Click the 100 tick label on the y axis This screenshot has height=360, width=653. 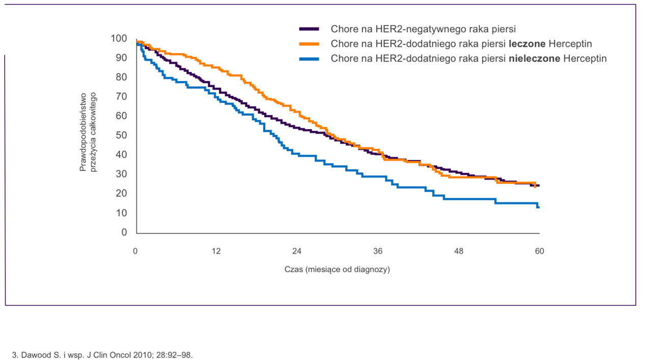click(x=119, y=39)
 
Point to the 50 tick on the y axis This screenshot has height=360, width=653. click(x=121, y=136)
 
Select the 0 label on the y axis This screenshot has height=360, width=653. click(x=124, y=233)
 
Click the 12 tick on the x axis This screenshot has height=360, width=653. click(x=216, y=251)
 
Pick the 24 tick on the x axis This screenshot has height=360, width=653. click(x=297, y=251)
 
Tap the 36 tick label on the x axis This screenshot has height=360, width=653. click(x=378, y=251)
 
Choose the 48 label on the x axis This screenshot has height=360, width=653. click(x=459, y=251)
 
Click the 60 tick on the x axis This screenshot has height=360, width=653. click(x=539, y=251)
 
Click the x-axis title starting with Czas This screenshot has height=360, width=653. click(x=337, y=269)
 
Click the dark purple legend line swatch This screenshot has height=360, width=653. click(x=309, y=29)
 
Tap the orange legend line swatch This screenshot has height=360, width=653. click(x=309, y=44)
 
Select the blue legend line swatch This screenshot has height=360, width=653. click(x=309, y=59)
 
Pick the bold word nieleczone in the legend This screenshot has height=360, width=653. click(x=534, y=59)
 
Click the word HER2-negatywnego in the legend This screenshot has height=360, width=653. click(x=414, y=29)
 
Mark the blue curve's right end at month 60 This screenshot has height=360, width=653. click(x=538, y=207)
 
